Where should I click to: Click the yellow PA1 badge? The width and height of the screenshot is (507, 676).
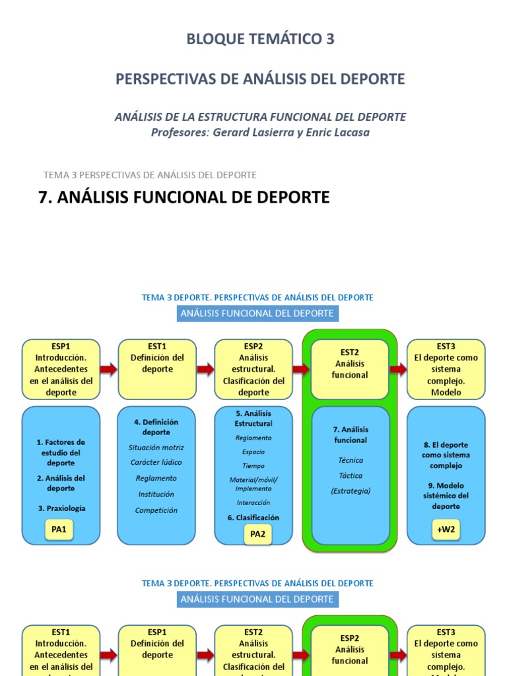(x=60, y=529)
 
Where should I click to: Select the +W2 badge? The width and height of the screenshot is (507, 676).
(x=446, y=529)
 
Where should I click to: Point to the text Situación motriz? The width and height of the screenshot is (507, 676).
(x=156, y=448)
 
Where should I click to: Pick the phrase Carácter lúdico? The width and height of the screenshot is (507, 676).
(x=156, y=462)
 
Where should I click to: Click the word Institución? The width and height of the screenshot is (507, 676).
(x=156, y=494)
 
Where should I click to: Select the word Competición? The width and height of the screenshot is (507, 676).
(x=156, y=510)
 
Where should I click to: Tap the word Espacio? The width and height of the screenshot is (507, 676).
(x=253, y=452)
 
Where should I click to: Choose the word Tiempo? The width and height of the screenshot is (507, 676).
(x=253, y=466)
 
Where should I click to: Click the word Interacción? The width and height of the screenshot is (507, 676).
(x=253, y=502)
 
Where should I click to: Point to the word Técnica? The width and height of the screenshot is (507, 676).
(x=350, y=460)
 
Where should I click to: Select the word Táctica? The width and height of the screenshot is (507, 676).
(x=350, y=475)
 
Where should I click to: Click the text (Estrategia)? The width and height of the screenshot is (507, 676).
(x=350, y=490)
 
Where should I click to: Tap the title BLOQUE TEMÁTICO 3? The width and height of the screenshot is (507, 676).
(x=260, y=40)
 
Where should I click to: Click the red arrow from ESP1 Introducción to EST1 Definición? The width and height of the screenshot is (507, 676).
(x=109, y=369)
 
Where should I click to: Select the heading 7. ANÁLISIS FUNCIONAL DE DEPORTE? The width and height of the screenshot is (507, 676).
(x=184, y=197)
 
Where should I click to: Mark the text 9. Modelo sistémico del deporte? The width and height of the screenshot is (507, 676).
(x=446, y=496)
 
